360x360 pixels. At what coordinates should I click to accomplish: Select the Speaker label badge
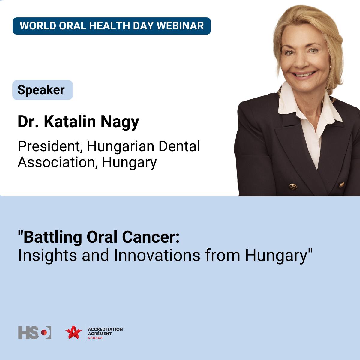pos(43,90)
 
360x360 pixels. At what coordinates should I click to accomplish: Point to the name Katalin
pos(70,121)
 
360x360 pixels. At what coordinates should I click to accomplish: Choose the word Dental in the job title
pos(179,146)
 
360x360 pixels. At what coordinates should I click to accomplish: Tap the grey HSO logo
pos(35,333)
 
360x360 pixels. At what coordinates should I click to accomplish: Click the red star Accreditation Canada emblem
pos(73,333)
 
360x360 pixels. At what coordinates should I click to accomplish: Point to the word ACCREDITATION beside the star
pos(105,329)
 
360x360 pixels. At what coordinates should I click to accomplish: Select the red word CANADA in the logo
pos(95,337)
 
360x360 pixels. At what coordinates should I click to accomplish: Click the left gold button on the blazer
pos(293,187)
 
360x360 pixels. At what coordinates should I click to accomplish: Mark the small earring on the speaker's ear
pos(330,66)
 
